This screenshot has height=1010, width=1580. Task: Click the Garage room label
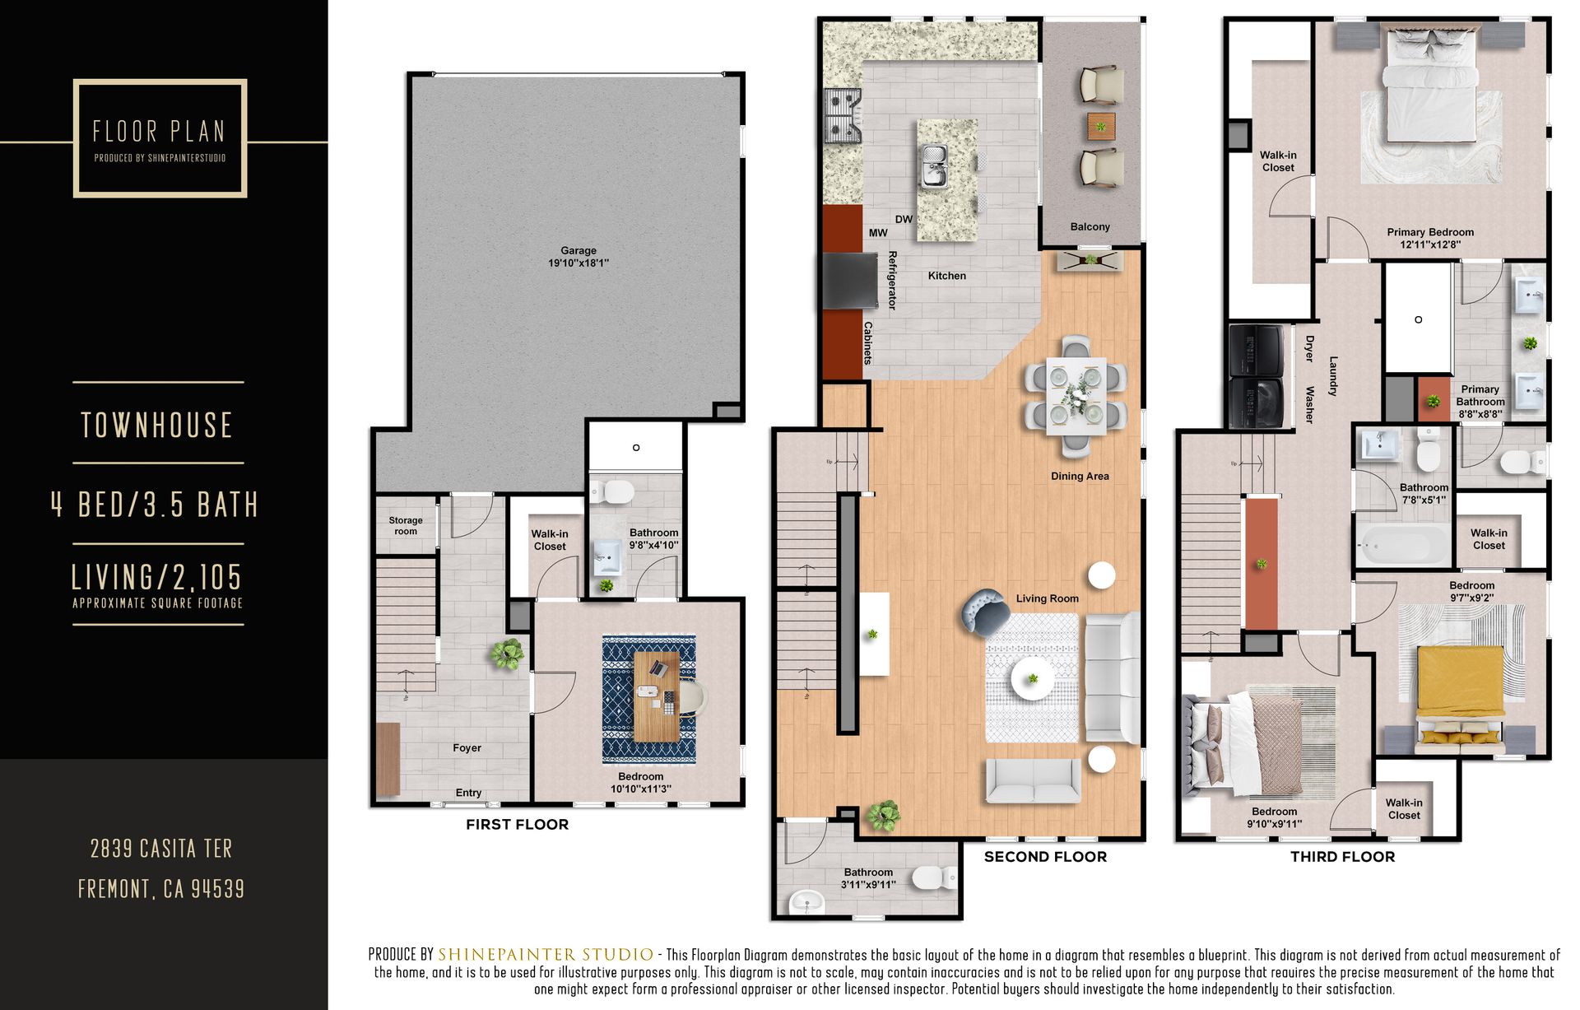pos(579,251)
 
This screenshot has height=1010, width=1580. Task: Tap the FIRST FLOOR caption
pos(517,824)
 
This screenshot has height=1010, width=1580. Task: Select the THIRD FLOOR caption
pos(1342,856)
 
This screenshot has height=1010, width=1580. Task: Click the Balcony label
pos(1090,226)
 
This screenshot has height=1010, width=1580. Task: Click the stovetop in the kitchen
pos(843,115)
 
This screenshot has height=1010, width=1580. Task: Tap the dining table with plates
pos(1076,396)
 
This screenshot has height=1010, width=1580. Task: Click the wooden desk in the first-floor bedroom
pos(657,696)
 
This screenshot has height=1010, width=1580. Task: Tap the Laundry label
pos(1333,376)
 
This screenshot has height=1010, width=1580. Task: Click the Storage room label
pos(406,525)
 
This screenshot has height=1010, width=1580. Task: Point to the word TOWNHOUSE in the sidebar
pos(157,425)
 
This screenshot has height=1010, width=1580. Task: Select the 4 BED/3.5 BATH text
pos(155,504)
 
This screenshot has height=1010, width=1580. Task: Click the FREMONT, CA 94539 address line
pos(161,889)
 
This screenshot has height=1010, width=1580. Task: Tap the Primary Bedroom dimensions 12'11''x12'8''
pos(1430,244)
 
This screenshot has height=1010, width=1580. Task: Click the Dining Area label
pos(1080,476)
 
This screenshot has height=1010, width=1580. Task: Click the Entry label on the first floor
pos(468,793)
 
